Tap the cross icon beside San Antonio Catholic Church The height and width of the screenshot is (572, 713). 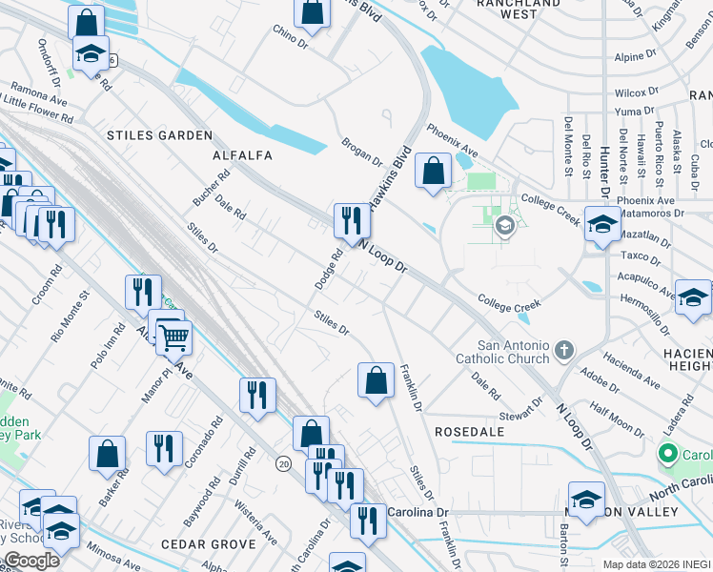563,350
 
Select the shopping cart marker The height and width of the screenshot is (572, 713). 173,337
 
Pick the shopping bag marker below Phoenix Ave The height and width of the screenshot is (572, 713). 434,173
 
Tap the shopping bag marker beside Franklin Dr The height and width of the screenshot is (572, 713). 377,380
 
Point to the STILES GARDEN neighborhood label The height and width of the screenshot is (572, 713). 159,135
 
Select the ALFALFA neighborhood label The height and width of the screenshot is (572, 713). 242,155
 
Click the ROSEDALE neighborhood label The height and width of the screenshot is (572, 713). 469,432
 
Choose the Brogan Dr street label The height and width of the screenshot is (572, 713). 361,153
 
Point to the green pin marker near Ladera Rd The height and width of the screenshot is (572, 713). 668,454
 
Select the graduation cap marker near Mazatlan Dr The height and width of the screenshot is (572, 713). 602,227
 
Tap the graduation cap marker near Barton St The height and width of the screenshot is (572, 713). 586,499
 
